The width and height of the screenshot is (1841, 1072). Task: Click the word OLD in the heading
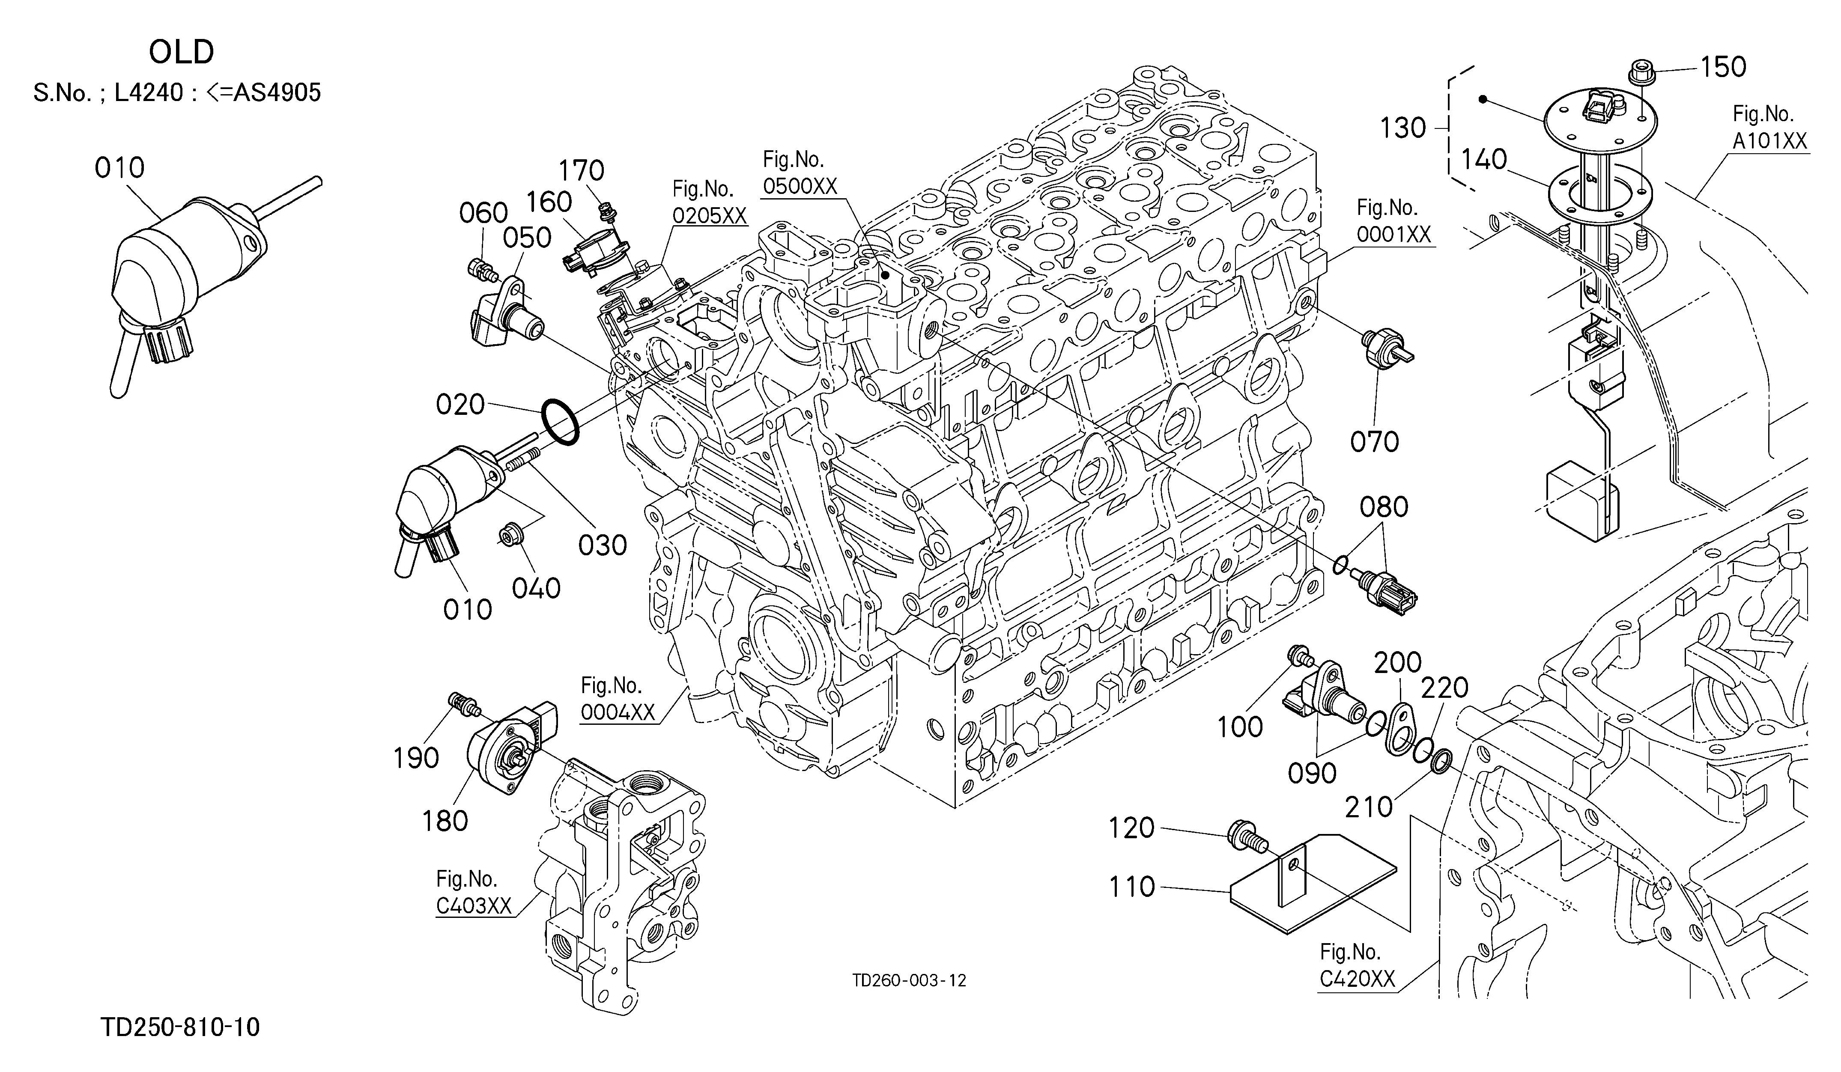[181, 53]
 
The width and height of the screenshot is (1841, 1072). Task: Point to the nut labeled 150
[1639, 73]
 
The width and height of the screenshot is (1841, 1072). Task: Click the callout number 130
[1402, 128]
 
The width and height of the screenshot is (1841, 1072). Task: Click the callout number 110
[1132, 887]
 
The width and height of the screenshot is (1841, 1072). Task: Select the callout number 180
[445, 822]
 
